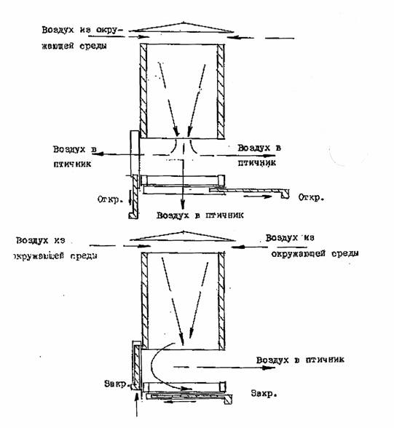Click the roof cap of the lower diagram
[182, 237]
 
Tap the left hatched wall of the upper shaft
[143, 91]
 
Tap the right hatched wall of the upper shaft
[221, 91]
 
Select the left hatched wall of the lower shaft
[145, 300]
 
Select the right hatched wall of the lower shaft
[221, 300]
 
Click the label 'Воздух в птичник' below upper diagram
[200, 215]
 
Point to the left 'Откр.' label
[109, 199]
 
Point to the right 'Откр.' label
[311, 197]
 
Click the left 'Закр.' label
[116, 384]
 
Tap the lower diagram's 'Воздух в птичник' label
[300, 360]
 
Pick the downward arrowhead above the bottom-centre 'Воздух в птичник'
[183, 205]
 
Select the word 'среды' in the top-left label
[93, 46]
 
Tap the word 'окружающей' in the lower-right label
[299, 254]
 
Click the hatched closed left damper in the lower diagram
[136, 366]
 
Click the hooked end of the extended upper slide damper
[285, 194]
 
